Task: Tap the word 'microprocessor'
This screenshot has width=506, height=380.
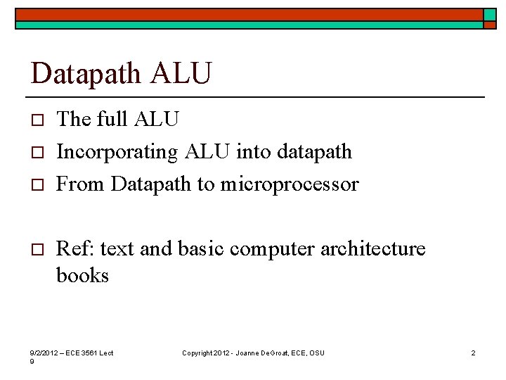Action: (290, 184)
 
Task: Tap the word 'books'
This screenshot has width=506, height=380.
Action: (82, 275)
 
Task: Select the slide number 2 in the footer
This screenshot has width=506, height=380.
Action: (473, 353)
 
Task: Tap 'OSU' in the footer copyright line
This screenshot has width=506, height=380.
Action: (317, 353)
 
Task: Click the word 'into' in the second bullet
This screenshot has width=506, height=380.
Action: (256, 152)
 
